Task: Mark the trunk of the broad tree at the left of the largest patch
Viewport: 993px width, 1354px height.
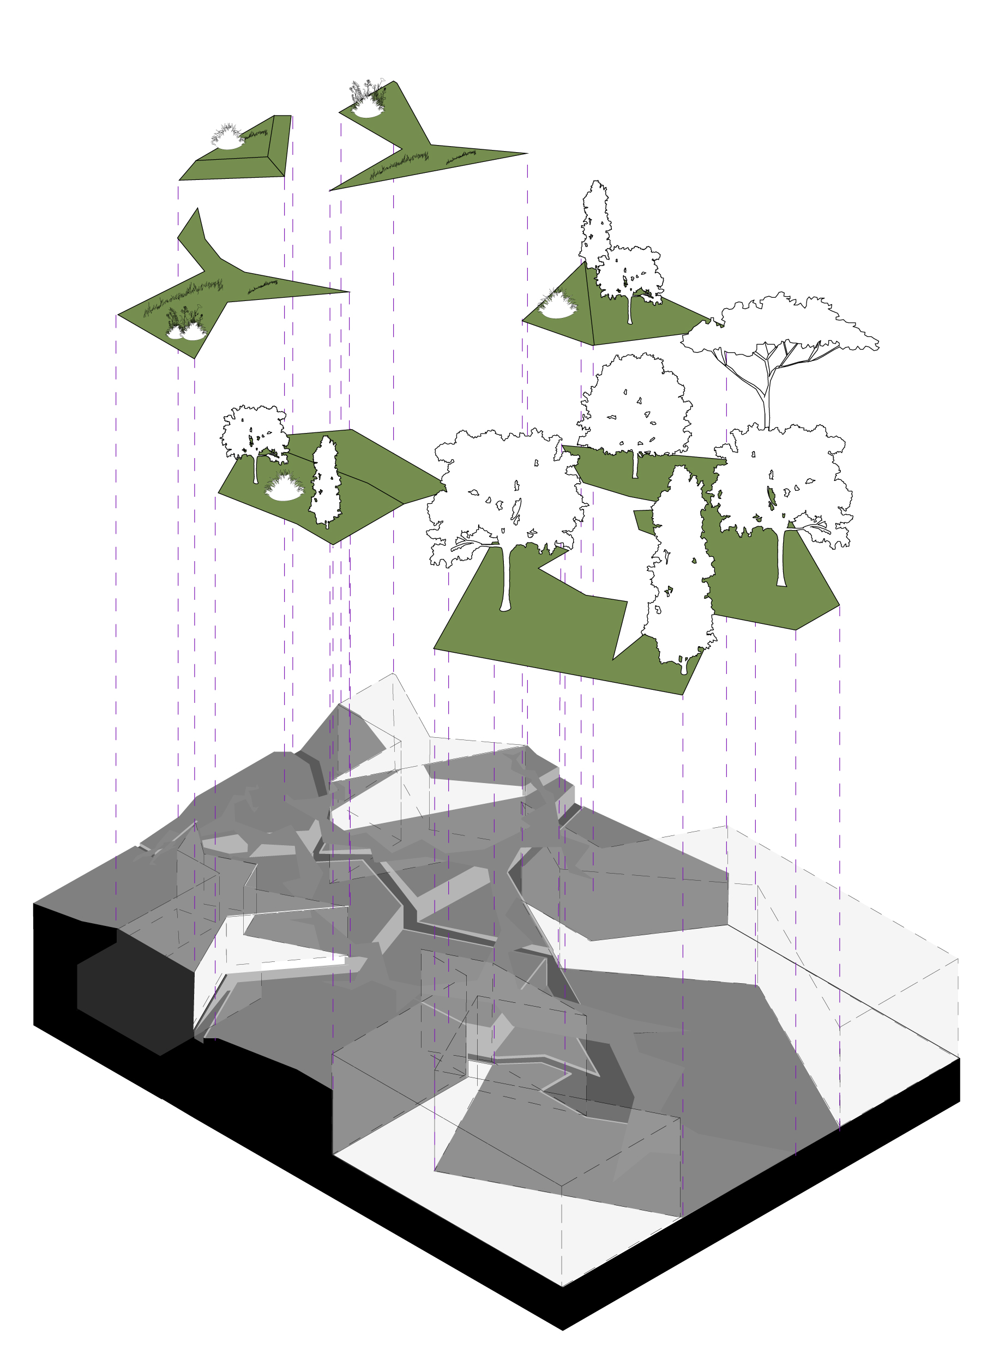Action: pos(505,577)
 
